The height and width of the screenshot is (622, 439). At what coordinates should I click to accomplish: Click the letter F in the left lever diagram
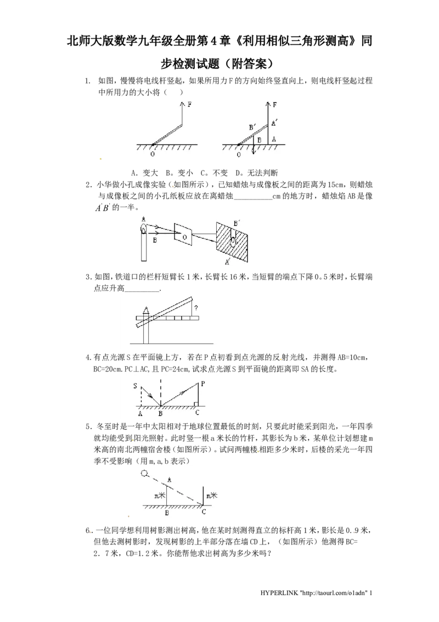[x=190, y=104]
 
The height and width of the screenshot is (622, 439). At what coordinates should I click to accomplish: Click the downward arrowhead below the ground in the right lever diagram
[x=253, y=153]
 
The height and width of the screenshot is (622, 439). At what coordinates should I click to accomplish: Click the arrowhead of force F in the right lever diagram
[x=268, y=103]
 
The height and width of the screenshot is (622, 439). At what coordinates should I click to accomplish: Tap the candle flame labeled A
[x=143, y=227]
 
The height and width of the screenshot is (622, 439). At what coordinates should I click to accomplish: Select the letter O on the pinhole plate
[x=185, y=238]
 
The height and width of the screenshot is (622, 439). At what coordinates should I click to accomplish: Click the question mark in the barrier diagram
[x=196, y=308]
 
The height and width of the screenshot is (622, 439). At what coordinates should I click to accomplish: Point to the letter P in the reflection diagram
[x=203, y=384]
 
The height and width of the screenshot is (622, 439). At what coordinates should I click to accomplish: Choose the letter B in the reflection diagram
[x=160, y=414]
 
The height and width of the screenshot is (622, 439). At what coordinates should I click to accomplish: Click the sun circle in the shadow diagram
[x=144, y=474]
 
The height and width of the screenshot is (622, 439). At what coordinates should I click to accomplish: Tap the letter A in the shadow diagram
[x=169, y=479]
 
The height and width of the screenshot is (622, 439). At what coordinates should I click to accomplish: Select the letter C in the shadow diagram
[x=204, y=512]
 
